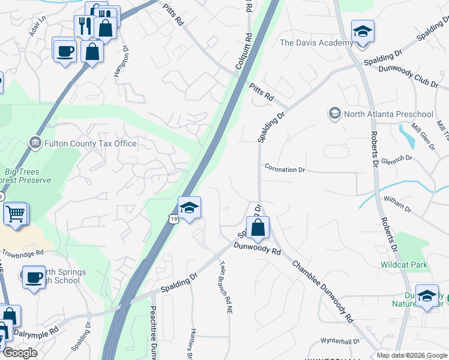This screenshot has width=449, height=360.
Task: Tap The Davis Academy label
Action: click(x=316, y=43)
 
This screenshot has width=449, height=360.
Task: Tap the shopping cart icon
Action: click(x=16, y=212)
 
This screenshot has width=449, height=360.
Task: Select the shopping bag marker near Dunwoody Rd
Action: click(x=258, y=227)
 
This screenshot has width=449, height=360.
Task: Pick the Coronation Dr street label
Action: click(x=285, y=170)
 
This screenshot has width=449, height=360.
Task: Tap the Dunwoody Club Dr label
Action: click(x=408, y=76)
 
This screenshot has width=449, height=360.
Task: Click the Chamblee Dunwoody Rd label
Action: click(x=324, y=291)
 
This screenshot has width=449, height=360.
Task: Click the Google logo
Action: click(x=20, y=353)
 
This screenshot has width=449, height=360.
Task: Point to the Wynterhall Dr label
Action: click(x=340, y=341)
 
